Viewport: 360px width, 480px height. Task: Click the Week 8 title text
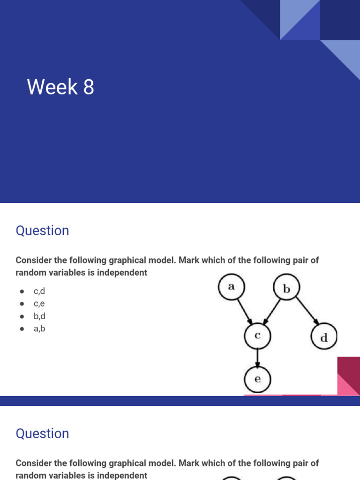point(60,87)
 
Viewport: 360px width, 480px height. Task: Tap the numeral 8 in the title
point(89,87)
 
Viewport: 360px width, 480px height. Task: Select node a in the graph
point(232,287)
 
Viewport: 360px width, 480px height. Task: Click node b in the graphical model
point(286,287)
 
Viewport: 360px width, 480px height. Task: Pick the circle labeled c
point(257,336)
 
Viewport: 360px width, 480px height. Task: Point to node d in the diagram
point(324,337)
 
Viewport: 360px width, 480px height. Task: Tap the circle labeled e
point(257,379)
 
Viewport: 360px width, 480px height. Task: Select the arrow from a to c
point(245,311)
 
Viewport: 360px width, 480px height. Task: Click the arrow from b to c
point(271,311)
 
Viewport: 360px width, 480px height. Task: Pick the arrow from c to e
point(257,358)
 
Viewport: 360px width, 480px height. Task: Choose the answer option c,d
point(39,291)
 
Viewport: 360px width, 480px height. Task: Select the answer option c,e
point(39,303)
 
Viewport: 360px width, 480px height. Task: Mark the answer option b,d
point(39,316)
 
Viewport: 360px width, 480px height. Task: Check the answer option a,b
point(39,329)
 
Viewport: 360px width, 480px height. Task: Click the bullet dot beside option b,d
point(22,316)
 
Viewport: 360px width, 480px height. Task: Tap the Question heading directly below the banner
point(42,231)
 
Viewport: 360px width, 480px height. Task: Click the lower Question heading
point(42,434)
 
